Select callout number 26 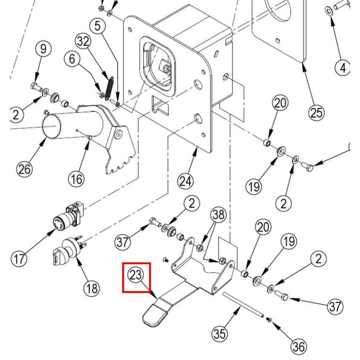click(25, 168)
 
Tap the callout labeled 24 click(185, 181)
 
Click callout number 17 click(18, 258)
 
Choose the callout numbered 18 click(91, 288)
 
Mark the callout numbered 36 click(298, 347)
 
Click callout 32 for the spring click(83, 42)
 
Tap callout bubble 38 click(219, 215)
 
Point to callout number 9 click(43, 49)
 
